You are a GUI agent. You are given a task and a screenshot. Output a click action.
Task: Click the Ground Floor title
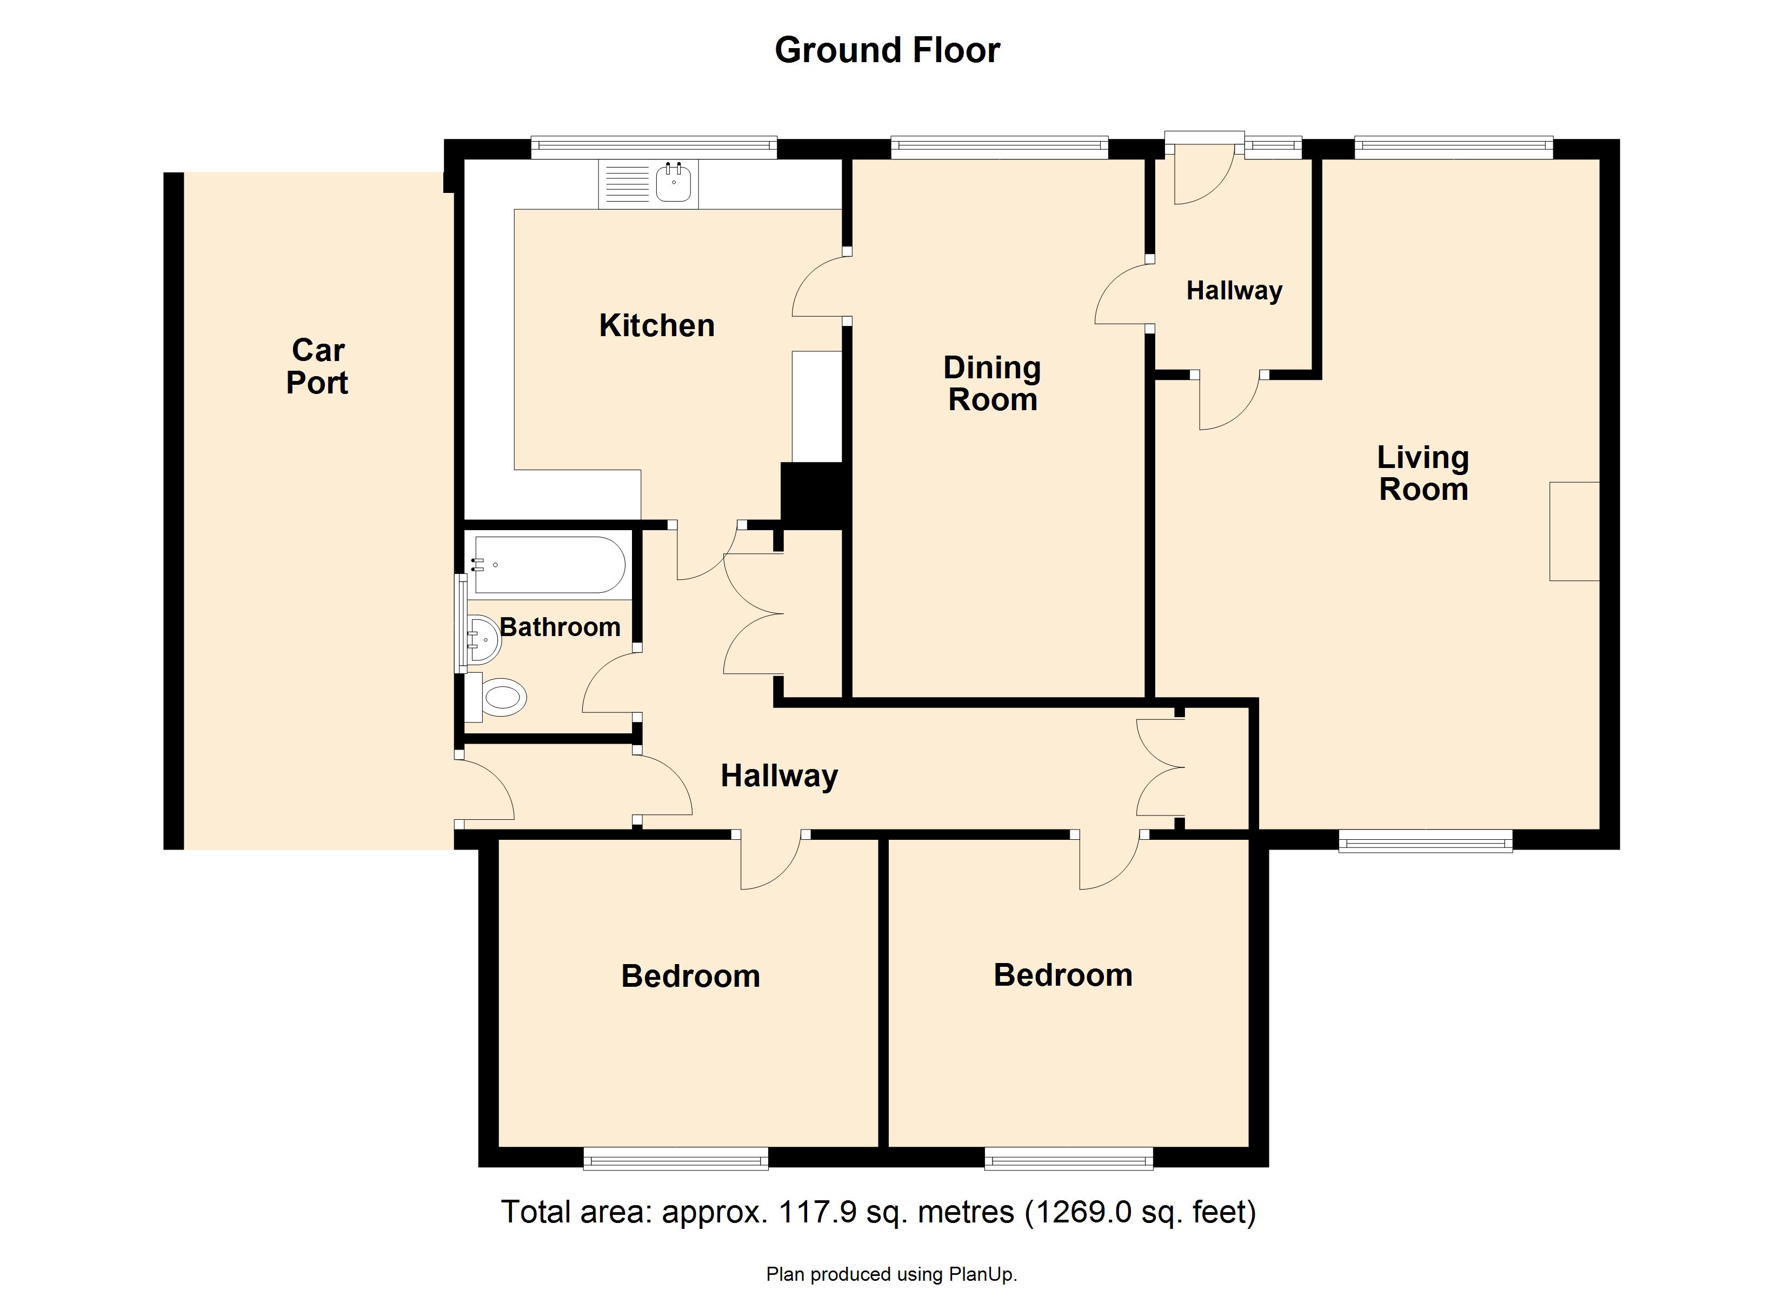click(x=887, y=50)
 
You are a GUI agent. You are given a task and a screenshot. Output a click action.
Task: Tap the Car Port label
click(x=318, y=366)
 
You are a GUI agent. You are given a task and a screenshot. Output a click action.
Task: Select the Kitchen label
click(x=657, y=326)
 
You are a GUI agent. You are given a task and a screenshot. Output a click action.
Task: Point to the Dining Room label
click(x=993, y=384)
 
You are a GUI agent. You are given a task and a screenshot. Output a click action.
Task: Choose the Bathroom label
click(x=560, y=627)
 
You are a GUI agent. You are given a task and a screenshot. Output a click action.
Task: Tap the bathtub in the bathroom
click(x=549, y=565)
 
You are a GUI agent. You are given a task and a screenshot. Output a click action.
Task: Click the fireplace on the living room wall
click(x=1574, y=532)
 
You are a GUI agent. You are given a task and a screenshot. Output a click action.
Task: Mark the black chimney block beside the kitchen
click(x=813, y=494)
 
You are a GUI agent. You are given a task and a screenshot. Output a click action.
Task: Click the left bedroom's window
click(x=676, y=1159)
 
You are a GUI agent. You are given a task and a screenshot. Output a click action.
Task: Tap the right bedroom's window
click(x=1069, y=1159)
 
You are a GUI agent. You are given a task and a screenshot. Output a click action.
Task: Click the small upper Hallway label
click(x=1234, y=291)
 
